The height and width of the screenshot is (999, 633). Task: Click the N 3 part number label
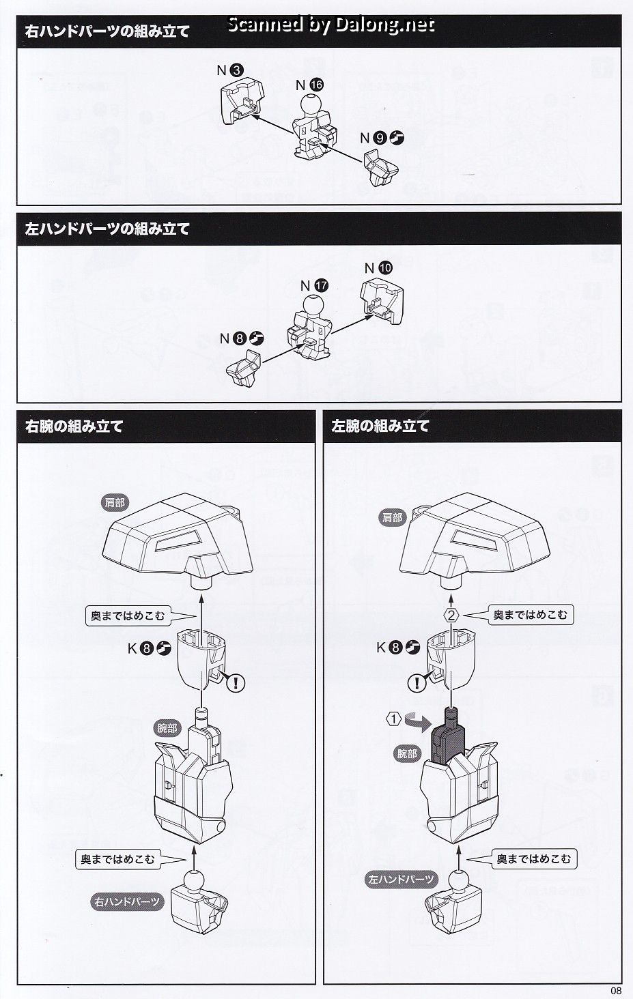pyautogui.click(x=230, y=70)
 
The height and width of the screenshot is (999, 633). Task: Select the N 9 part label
pyautogui.click(x=382, y=139)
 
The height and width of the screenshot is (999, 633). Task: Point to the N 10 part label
pyautogui.click(x=378, y=268)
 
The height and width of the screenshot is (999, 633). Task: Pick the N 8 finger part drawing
pyautogui.click(x=244, y=368)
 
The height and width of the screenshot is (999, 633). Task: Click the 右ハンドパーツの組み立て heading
pyautogui.click(x=107, y=31)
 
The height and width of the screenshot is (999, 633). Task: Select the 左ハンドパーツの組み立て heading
pyautogui.click(x=107, y=229)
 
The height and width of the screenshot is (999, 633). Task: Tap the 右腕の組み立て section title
pyautogui.click(x=74, y=426)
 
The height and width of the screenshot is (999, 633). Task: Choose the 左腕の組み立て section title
pyautogui.click(x=380, y=426)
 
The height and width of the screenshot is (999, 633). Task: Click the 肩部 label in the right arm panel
pyautogui.click(x=115, y=503)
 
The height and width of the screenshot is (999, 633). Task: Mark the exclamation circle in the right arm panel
pyautogui.click(x=236, y=682)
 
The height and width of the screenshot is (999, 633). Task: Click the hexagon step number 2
pyautogui.click(x=451, y=616)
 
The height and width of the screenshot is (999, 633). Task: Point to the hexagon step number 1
pyautogui.click(x=394, y=719)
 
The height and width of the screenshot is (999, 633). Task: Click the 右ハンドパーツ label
pyautogui.click(x=127, y=902)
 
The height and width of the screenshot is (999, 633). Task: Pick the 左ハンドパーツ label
pyautogui.click(x=401, y=879)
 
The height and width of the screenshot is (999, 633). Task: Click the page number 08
pyautogui.click(x=616, y=991)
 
